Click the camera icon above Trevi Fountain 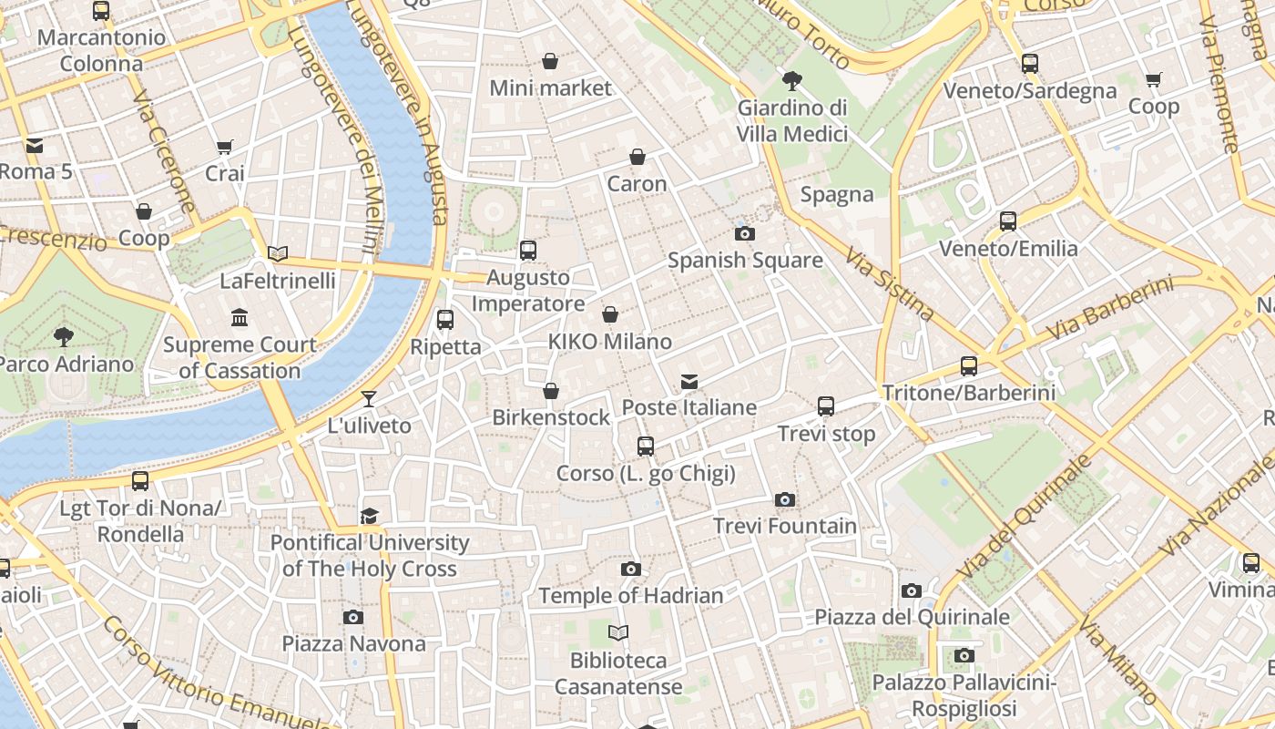pyautogui.click(x=785, y=499)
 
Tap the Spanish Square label pyautogui.click(x=745, y=261)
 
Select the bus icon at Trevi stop pyautogui.click(x=826, y=406)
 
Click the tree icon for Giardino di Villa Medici pyautogui.click(x=792, y=80)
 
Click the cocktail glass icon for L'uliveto pyautogui.click(x=369, y=398)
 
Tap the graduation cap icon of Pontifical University pyautogui.click(x=369, y=517)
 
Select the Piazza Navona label pyautogui.click(x=353, y=644)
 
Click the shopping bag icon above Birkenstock pyautogui.click(x=551, y=391)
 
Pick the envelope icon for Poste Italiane pyautogui.click(x=689, y=381)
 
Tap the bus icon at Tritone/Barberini pyautogui.click(x=969, y=366)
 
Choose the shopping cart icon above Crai pyautogui.click(x=225, y=147)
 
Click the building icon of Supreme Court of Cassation pyautogui.click(x=240, y=317)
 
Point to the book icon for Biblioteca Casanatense pyautogui.click(x=618, y=632)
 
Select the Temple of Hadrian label pyautogui.click(x=630, y=596)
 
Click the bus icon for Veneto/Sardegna pyautogui.click(x=1030, y=64)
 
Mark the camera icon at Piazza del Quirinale pyautogui.click(x=912, y=590)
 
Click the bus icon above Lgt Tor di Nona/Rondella pyautogui.click(x=140, y=480)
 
